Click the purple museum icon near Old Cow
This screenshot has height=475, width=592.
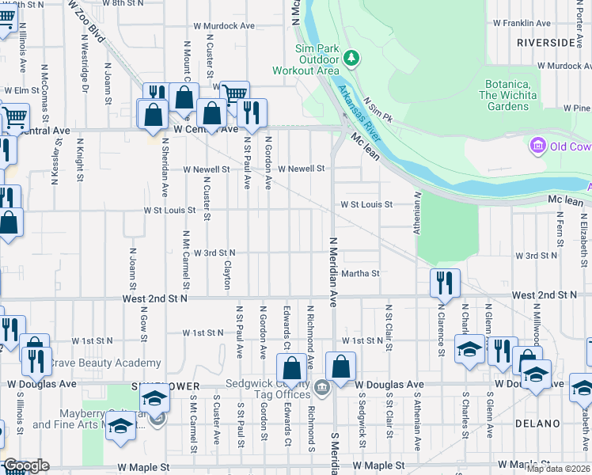(x=538, y=146)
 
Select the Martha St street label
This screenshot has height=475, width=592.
(x=361, y=274)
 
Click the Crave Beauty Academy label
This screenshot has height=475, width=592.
(x=105, y=363)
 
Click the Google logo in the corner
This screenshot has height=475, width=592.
(x=25, y=465)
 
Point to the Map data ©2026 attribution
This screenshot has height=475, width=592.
(x=558, y=469)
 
